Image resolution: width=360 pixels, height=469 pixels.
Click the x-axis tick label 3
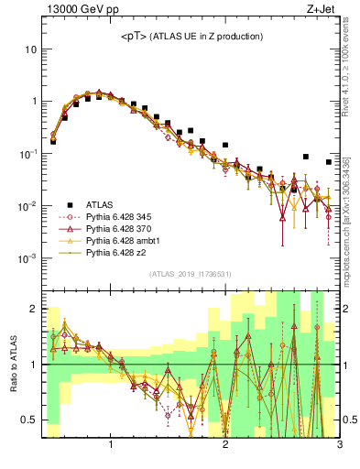339,446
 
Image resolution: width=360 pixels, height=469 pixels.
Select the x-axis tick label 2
225,446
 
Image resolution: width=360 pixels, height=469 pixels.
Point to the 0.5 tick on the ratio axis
28,420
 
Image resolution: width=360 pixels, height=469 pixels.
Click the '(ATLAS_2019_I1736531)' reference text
191,275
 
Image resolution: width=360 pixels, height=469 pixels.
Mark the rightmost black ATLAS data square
329,162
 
